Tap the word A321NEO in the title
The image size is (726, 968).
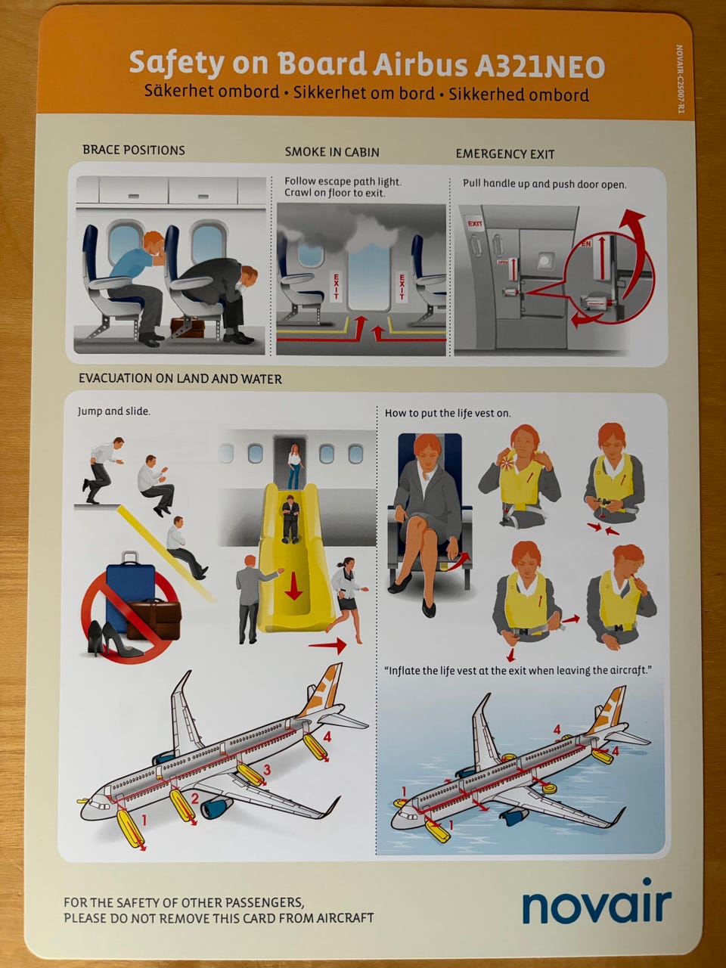pyautogui.click(x=539, y=66)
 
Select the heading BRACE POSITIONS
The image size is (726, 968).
pyautogui.click(x=134, y=150)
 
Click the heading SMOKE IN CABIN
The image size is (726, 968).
pyautogui.click(x=332, y=152)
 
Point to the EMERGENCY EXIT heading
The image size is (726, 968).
pyautogui.click(x=505, y=154)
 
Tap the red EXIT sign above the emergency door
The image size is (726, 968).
pyautogui.click(x=475, y=224)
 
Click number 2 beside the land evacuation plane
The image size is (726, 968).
pyautogui.click(x=194, y=798)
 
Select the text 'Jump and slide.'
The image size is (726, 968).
pyautogui.click(x=113, y=411)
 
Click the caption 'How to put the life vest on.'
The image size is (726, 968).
pyautogui.click(x=448, y=413)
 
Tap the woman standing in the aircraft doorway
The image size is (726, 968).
pyautogui.click(x=295, y=466)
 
